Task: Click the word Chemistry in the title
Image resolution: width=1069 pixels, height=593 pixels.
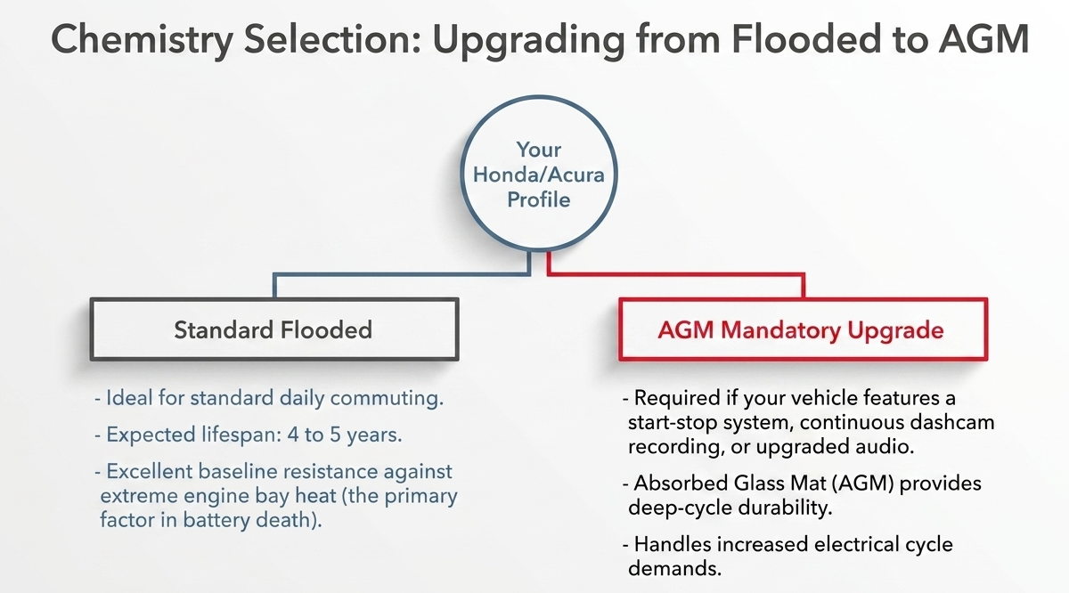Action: (143, 40)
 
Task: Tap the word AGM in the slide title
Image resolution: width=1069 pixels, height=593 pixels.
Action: (983, 39)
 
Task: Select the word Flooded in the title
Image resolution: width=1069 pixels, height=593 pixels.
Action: (806, 39)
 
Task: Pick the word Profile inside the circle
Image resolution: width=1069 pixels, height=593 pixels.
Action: (539, 199)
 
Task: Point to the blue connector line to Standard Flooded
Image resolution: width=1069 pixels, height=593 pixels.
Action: (402, 275)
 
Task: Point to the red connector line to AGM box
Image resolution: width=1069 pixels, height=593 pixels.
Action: (676, 275)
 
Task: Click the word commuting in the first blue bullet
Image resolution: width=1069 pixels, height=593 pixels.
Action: (387, 398)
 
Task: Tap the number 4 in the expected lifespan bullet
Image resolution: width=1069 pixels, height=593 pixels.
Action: (292, 435)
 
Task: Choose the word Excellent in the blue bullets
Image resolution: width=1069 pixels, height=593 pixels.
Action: (150, 471)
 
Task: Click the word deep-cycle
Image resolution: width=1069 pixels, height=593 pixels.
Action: (680, 508)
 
